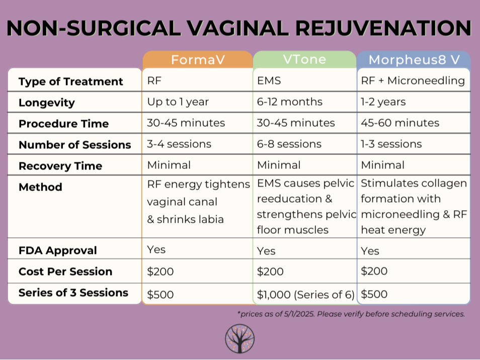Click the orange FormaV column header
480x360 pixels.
(198, 60)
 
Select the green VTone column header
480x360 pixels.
(304, 59)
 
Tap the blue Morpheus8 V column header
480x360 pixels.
(414, 60)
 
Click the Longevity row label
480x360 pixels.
(46, 103)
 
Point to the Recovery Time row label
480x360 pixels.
(60, 166)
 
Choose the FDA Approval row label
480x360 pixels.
(57, 250)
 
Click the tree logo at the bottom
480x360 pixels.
(239, 338)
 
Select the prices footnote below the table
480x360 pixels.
(351, 314)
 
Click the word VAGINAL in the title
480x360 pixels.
(238, 28)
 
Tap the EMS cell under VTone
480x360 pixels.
(269, 80)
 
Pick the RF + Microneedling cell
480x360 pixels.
(413, 80)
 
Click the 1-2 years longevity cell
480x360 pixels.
(383, 102)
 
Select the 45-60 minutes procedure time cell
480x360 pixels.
(400, 123)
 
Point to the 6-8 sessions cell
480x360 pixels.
(289, 144)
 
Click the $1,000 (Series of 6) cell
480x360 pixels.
(305, 295)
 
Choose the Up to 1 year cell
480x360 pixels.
(178, 102)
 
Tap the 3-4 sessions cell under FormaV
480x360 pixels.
(179, 144)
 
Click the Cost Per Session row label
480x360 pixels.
(65, 272)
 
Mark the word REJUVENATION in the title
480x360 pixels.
(383, 28)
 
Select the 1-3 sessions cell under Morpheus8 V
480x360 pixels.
(391, 144)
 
